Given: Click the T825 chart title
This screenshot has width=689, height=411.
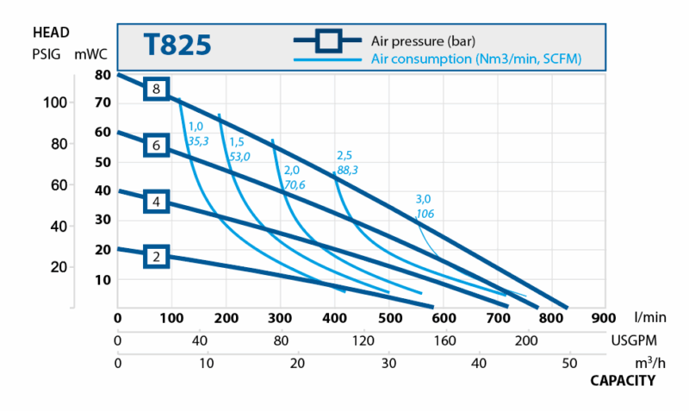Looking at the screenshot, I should [176, 45].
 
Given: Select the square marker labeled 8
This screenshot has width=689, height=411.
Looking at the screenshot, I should [156, 88].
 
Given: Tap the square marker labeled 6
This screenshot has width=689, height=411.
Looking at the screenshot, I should [156, 146].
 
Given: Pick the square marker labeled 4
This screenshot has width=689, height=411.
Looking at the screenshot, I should [156, 202].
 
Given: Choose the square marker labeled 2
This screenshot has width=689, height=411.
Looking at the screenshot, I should [156, 256].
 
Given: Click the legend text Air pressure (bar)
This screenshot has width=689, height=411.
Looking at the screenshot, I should [423, 40].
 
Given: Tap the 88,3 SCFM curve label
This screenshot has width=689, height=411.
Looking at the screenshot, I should [348, 171].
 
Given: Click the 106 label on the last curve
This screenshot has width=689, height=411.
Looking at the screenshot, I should [424, 213].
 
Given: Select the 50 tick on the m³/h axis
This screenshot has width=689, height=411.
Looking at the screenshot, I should [568, 363].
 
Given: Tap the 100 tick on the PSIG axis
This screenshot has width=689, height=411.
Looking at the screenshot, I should [54, 103].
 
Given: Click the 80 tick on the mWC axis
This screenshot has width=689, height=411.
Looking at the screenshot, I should [102, 75].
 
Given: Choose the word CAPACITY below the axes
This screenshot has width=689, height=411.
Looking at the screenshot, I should [623, 380].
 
